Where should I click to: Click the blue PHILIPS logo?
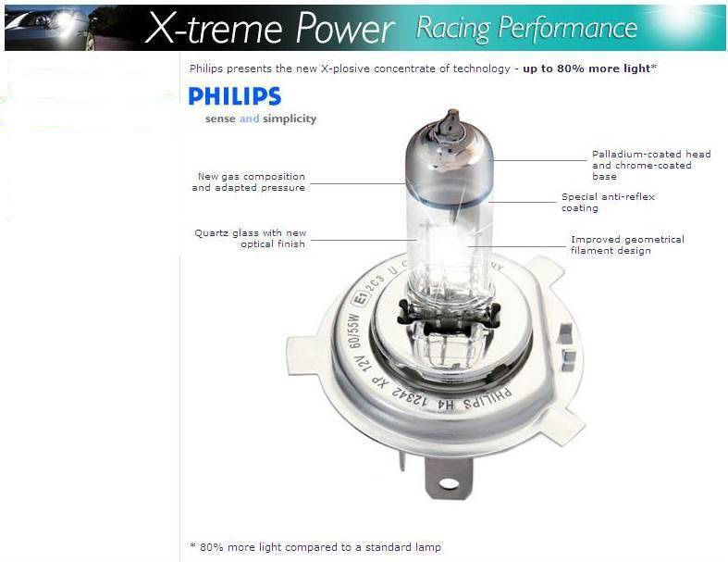[x=234, y=96]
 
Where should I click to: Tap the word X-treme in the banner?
[x=214, y=28]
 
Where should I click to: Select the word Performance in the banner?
[x=567, y=28]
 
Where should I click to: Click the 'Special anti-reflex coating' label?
[x=609, y=202]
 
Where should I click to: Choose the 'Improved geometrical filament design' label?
[x=627, y=245]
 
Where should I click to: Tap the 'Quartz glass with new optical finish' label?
[x=251, y=238]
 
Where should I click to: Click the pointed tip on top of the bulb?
[x=451, y=113]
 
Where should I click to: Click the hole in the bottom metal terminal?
[x=449, y=484]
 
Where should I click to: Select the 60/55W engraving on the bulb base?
[x=353, y=331]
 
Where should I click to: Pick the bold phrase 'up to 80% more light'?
[x=586, y=69]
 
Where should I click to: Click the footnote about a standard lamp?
[x=315, y=547]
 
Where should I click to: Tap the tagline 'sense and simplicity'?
[x=261, y=119]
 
